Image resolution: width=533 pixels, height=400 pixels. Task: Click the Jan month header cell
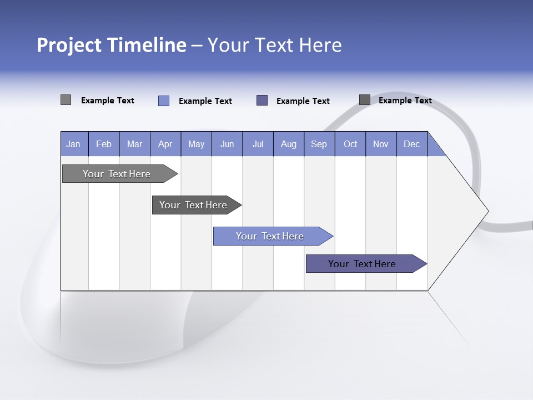74,144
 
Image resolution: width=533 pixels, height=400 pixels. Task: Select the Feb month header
104,144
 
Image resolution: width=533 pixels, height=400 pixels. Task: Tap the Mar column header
134,144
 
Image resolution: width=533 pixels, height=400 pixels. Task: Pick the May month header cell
196,144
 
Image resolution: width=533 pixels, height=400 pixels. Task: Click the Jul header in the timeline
258,144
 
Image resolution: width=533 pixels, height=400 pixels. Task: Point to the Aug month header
288,144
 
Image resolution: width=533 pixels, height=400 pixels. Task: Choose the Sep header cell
319,144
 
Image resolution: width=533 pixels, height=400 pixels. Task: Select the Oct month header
350,144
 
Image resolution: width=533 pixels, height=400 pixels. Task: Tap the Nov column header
381,144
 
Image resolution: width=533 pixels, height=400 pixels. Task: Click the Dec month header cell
411,144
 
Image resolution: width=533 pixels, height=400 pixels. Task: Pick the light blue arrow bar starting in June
270,236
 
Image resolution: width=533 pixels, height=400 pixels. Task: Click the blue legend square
164,101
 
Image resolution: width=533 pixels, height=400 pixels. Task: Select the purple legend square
262,100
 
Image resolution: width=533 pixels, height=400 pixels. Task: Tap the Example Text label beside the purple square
303,101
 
